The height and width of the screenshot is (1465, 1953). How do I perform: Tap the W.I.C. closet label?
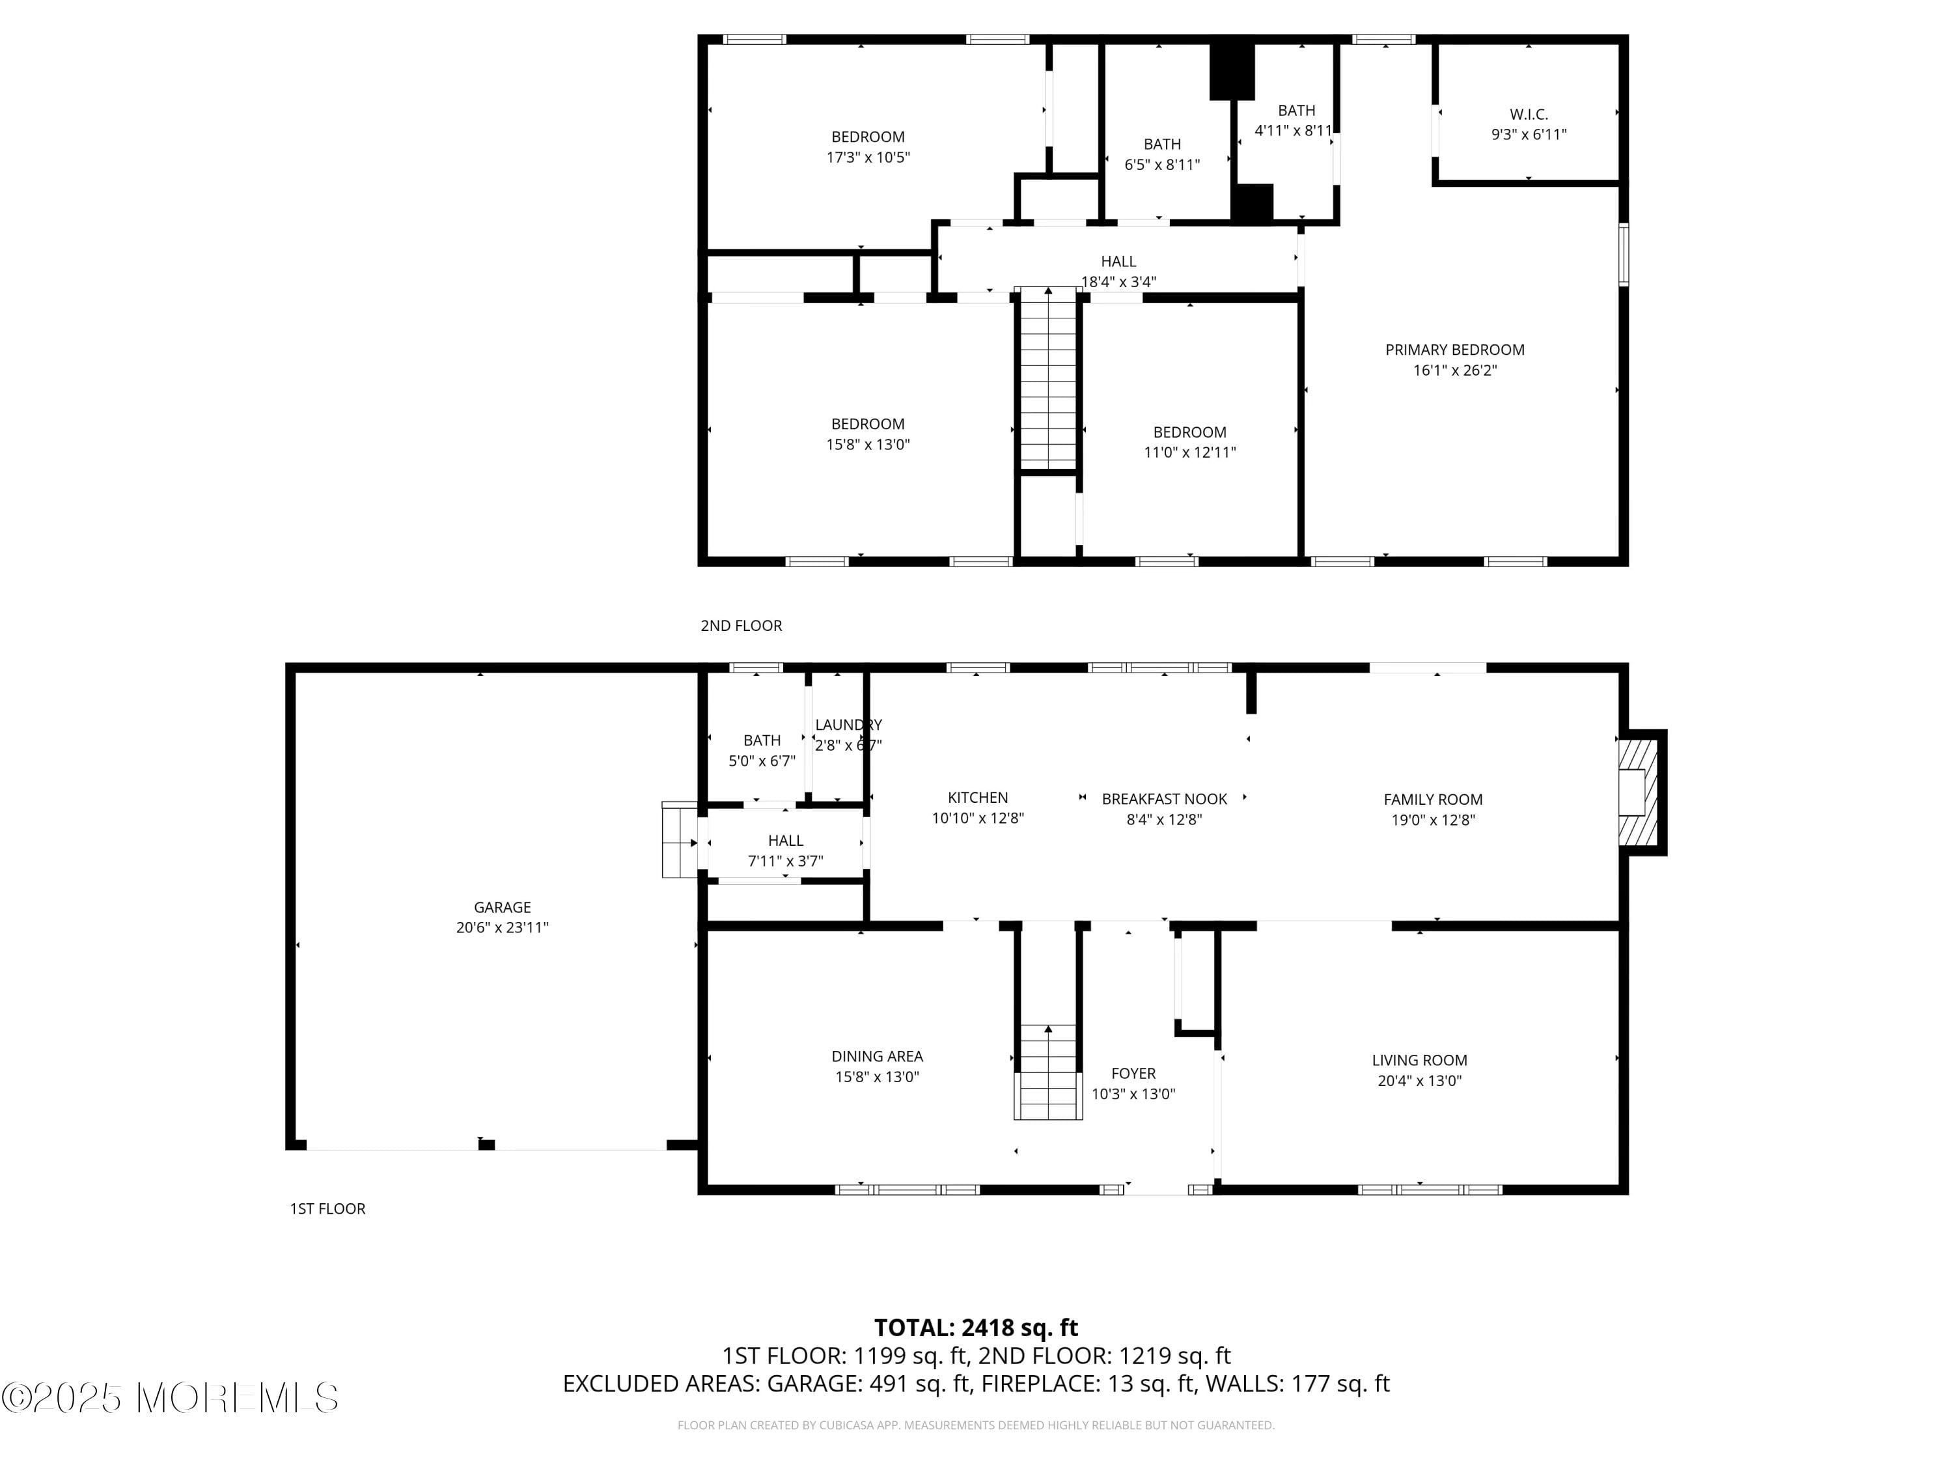coord(1529,114)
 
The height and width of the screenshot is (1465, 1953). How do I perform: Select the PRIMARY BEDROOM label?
coord(1454,350)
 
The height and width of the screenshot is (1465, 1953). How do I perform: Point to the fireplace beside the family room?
coord(1641,792)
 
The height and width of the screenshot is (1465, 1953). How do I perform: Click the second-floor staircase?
coord(1048,380)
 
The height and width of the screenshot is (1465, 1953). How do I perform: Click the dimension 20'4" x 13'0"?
coord(1419,1081)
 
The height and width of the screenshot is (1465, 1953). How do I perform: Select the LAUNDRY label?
coord(848,725)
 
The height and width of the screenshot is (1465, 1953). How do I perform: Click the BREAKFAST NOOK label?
coord(1164,799)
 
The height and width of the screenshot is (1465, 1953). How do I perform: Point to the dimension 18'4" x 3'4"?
coord(1118,282)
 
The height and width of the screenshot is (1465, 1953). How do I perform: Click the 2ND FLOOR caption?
coord(741,625)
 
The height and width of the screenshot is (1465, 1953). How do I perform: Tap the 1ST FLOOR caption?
coord(327,1208)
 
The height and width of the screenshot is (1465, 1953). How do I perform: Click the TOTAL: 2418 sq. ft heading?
coord(976,1327)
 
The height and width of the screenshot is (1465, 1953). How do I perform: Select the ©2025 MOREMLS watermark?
coord(169,1397)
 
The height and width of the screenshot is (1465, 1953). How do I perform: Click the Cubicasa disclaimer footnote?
coord(976,1425)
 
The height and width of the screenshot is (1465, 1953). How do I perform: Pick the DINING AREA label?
coord(877,1056)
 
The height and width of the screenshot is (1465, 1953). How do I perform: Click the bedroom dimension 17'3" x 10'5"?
coord(867,157)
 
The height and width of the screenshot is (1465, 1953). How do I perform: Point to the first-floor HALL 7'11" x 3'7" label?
coord(785,850)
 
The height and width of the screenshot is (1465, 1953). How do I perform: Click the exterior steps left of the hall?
coord(679,840)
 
